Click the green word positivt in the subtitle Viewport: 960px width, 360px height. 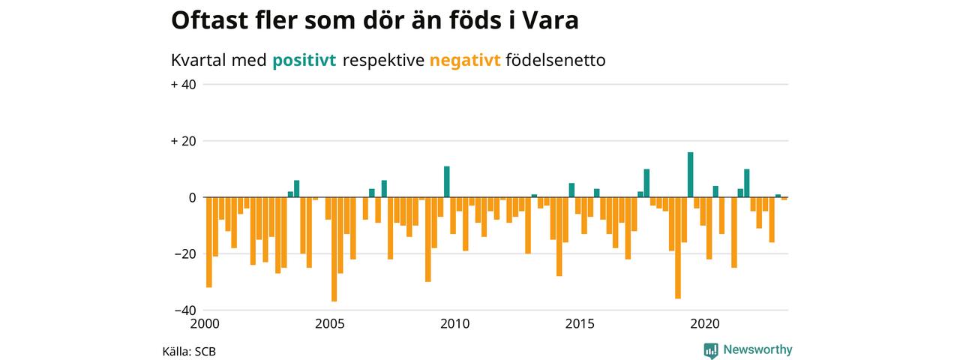pos(304,61)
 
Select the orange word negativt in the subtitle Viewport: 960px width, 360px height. pos(465,61)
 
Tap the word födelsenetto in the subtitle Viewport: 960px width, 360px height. pos(556,61)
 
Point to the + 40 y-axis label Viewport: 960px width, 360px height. pos(184,85)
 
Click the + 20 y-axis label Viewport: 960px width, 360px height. pos(184,141)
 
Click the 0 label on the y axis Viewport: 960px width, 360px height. pos(191,197)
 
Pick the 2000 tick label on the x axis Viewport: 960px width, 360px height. pos(205,324)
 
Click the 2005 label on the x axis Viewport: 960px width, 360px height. pos(330,324)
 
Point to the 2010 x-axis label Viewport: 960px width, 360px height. pos(454,324)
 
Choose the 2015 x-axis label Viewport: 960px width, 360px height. pos(580,324)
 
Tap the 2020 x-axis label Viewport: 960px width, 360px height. pos(705,324)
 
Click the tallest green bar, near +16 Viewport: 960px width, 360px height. pos(690,175)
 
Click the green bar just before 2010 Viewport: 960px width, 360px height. pos(446,182)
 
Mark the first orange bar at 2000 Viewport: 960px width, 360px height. pos(209,242)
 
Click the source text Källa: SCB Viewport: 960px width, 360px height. pos(189,351)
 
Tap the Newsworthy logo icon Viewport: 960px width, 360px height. pos(711,350)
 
